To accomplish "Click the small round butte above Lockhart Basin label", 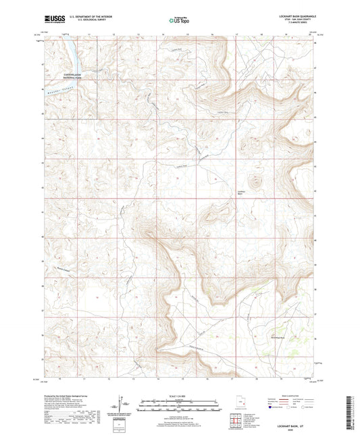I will click(x=256, y=180).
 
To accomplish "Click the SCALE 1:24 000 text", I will click(x=180, y=395).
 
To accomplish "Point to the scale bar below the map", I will click(x=180, y=407).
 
